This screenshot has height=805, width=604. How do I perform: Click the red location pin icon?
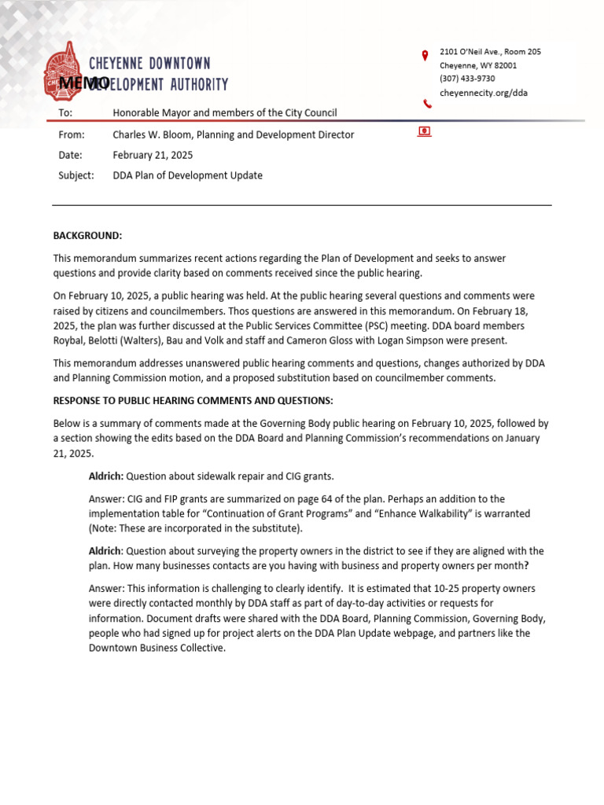(x=425, y=55)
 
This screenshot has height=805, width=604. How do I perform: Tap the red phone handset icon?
(x=427, y=104)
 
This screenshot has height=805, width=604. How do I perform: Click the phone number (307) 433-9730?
(x=467, y=79)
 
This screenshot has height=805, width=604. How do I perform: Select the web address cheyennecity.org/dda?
(x=483, y=92)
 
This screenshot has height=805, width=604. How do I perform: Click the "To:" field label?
(x=64, y=113)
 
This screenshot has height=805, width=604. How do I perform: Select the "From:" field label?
(x=71, y=134)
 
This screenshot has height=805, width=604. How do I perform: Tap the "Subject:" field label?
(x=76, y=175)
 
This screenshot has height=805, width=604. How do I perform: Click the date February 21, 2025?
(x=153, y=155)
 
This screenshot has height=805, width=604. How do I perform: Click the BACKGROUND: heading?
(x=87, y=236)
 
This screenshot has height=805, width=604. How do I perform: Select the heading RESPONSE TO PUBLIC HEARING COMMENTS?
(x=193, y=401)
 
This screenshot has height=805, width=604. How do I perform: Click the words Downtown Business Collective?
(x=157, y=648)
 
